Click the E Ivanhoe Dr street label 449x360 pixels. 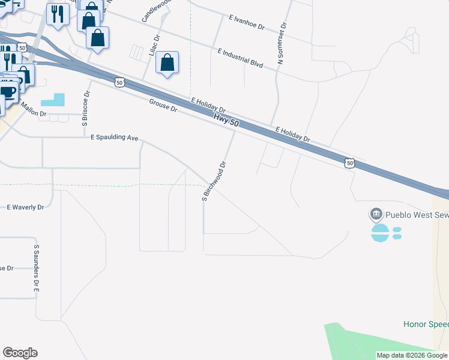coord(247,23)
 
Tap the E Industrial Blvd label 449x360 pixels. coord(240,58)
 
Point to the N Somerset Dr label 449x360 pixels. coord(281,44)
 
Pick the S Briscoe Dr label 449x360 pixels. coord(86,108)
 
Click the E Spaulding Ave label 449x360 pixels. coord(115,137)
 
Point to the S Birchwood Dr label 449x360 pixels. coord(214,181)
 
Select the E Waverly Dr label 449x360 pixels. coord(26,207)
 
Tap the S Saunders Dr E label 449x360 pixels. coord(36,268)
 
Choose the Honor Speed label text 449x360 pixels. coord(426,324)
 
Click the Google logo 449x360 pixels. coord(20,353)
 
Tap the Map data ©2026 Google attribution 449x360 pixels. coord(412,355)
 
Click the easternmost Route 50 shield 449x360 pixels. coord(350,163)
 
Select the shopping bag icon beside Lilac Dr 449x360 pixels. coord(167,62)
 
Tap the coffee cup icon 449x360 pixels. coord(8,92)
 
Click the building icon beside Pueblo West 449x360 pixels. coord(376,214)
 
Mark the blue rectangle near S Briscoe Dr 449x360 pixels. coord(52,100)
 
